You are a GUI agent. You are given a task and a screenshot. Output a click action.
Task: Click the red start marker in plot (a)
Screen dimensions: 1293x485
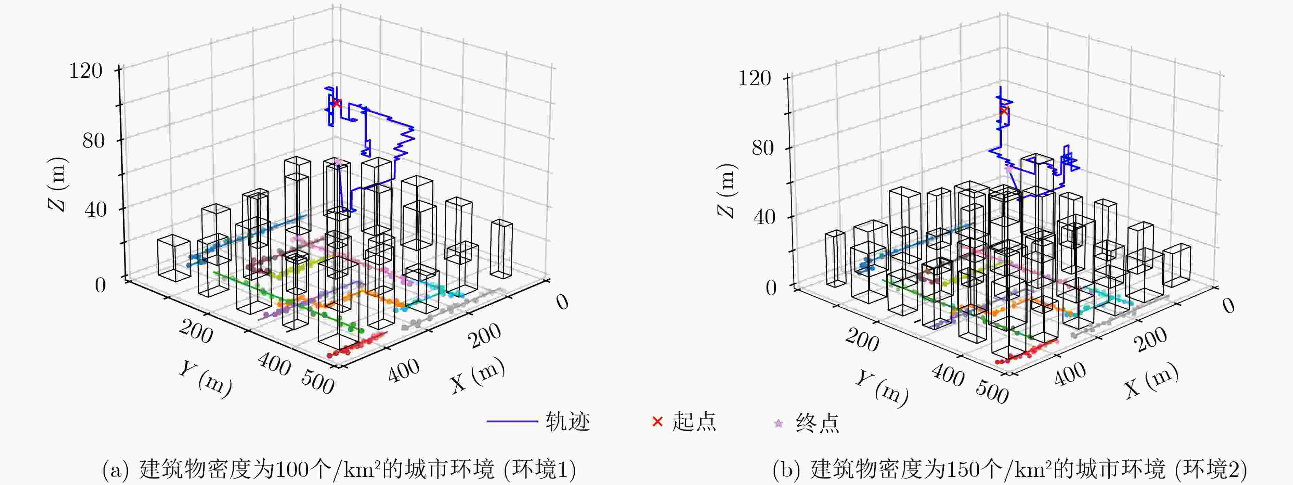336,103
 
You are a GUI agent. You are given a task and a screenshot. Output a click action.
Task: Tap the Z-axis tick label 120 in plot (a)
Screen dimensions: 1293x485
86,71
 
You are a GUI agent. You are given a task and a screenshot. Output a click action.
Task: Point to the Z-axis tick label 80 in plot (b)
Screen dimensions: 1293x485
762,148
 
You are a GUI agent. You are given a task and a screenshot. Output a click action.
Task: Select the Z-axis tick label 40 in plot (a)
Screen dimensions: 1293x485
95,209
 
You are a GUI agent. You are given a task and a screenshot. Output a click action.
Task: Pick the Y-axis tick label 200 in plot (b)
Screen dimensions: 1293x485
862,341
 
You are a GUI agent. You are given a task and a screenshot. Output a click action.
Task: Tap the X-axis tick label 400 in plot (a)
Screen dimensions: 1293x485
404,371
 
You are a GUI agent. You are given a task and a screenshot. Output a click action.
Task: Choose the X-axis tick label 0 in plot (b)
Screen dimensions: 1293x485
1228,306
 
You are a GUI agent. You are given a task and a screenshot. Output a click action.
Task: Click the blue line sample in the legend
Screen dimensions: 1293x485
512,421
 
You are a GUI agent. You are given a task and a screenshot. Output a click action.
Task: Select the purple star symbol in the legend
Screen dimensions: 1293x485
779,423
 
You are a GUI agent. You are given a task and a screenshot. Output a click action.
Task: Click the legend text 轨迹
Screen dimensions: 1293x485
568,422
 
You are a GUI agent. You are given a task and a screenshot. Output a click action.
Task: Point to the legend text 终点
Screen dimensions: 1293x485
818,423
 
